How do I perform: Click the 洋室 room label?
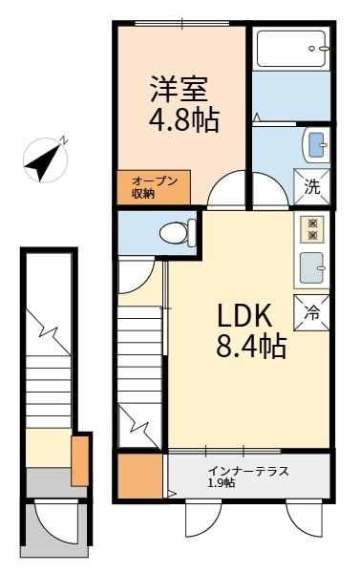tap(179, 89)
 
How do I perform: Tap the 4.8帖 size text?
tap(184, 119)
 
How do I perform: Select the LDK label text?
tap(244, 315)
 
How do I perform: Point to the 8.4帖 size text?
tap(251, 347)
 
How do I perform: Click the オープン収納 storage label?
tap(155, 187)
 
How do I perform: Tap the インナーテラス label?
tap(248, 471)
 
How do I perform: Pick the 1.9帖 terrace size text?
tap(222, 483)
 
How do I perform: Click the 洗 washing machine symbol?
tap(312, 187)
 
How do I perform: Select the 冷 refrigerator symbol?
tap(311, 313)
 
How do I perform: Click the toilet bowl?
tap(178, 232)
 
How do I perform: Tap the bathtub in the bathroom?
tap(291, 49)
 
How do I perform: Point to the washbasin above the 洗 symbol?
tap(316, 145)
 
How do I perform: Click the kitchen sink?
tap(312, 267)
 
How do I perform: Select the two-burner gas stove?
tap(311, 229)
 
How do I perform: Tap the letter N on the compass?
tap(63, 140)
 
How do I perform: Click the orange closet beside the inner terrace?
tap(140, 476)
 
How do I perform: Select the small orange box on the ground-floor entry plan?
tap(80, 461)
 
